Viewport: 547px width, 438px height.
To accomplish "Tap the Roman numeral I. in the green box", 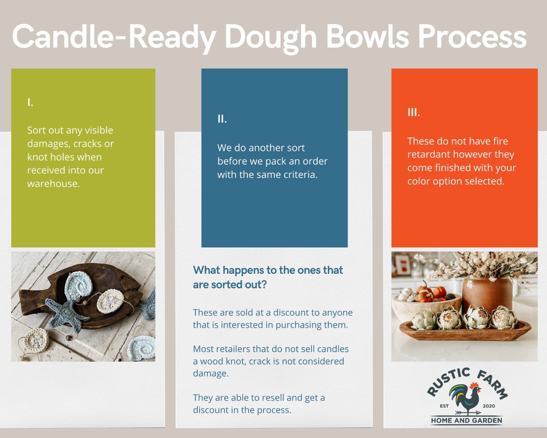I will [x=30, y=102].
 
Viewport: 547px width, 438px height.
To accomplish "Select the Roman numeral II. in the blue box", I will [x=222, y=119].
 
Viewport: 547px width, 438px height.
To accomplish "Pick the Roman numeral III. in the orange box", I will [x=414, y=113].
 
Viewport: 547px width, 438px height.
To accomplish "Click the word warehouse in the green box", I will [x=53, y=184].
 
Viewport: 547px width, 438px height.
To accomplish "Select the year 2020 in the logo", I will [x=489, y=406].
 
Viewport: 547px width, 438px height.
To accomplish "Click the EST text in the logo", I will [x=444, y=406].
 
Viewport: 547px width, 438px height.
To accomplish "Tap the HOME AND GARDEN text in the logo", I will [x=466, y=420].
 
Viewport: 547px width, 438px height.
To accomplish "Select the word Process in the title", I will [x=472, y=37].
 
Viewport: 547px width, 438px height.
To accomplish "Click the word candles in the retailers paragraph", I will [x=333, y=349].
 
